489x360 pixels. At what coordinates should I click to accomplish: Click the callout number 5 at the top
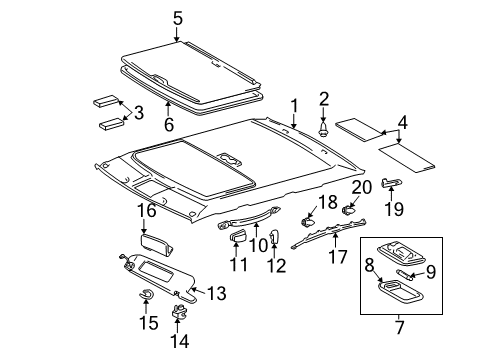click(177, 17)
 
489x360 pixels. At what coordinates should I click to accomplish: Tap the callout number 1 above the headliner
click(294, 105)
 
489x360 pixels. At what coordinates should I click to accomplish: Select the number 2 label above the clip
click(323, 98)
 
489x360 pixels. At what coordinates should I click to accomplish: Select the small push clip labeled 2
click(323, 129)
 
